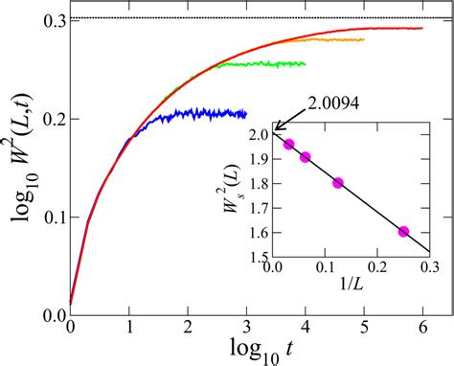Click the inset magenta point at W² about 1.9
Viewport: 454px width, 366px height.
point(306,156)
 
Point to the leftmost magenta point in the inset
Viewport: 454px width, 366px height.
point(289,145)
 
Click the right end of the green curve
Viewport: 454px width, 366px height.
point(305,64)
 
